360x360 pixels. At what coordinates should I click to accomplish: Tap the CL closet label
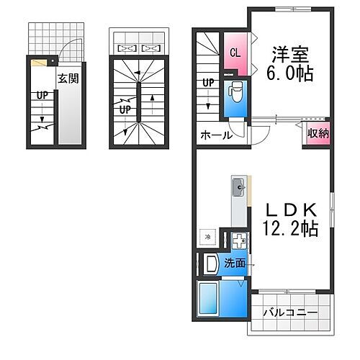pos(235,53)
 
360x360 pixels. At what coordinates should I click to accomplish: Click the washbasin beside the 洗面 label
pos(210,265)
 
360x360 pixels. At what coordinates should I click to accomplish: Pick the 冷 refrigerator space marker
pos(207,237)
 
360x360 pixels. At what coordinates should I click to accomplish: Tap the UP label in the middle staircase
pos(125,110)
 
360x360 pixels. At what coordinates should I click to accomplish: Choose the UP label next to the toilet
pos(208,82)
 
